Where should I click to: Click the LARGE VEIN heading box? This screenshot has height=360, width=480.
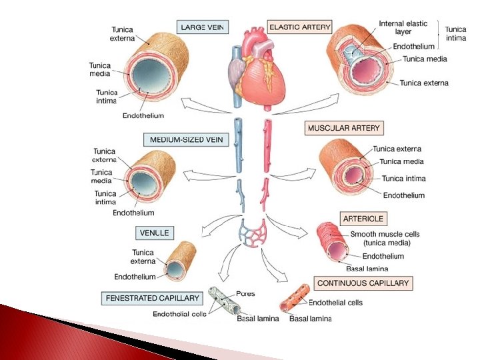click(x=203, y=27)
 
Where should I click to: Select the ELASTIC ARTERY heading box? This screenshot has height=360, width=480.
click(x=299, y=27)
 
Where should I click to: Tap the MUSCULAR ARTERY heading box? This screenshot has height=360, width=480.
click(x=344, y=127)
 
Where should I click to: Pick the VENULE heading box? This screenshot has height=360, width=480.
click(x=155, y=233)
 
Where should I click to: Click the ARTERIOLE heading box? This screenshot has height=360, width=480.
click(x=363, y=219)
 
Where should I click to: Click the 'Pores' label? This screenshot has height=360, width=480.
click(x=245, y=293)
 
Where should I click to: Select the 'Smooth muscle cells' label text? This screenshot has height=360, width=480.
click(x=385, y=234)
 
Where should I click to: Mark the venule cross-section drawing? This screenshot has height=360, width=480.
click(x=180, y=262)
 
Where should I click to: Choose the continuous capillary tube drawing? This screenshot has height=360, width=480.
click(x=293, y=300)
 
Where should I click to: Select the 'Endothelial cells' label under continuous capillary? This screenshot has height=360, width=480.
click(x=335, y=303)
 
